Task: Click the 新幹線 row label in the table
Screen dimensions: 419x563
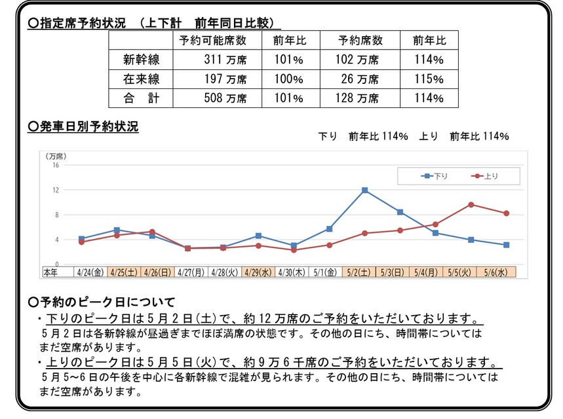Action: [x=141, y=60]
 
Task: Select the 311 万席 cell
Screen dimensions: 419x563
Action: [x=225, y=60]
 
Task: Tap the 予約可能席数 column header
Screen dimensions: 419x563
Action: [x=212, y=40]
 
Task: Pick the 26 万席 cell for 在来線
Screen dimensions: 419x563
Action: [x=359, y=79]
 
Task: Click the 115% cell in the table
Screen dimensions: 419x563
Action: [x=429, y=79]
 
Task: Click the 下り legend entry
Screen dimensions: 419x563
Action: [x=435, y=176]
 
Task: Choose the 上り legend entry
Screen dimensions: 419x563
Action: [x=485, y=176]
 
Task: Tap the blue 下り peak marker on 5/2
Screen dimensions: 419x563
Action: [x=364, y=191]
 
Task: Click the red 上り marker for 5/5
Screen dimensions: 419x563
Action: [x=471, y=204]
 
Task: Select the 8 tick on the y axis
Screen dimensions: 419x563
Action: [x=57, y=215]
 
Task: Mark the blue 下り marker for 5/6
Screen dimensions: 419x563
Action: [x=506, y=245]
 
